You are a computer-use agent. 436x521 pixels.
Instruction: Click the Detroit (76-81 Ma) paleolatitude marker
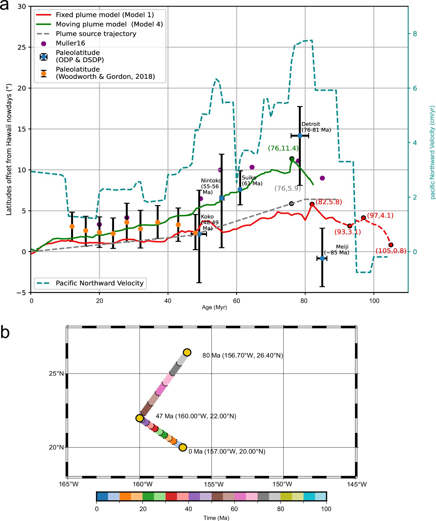click(x=300, y=136)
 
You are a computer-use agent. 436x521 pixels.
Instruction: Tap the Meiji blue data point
click(x=322, y=258)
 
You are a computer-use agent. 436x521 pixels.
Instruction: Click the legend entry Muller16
click(x=70, y=43)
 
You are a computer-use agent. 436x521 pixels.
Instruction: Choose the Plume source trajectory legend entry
click(x=96, y=34)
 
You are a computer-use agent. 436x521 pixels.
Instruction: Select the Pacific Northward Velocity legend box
click(x=90, y=283)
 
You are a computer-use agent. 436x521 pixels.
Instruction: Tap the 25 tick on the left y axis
click(x=22, y=47)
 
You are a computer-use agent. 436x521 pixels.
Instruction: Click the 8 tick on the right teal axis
click(x=415, y=34)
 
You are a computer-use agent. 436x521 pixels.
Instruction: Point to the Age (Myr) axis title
click(x=214, y=307)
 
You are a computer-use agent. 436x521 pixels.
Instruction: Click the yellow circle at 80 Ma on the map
click(x=187, y=352)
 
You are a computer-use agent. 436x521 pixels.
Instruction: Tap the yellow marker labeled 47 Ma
click(x=140, y=418)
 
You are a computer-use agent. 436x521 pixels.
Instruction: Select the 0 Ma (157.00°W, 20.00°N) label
click(x=227, y=452)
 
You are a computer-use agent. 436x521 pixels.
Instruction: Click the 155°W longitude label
click(x=214, y=485)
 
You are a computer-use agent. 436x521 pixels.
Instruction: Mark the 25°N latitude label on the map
click(x=56, y=374)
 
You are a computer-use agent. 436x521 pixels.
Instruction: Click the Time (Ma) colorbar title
click(x=216, y=518)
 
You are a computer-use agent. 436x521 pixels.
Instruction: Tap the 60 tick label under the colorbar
click(x=234, y=509)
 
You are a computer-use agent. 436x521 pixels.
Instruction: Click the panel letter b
click(x=5, y=332)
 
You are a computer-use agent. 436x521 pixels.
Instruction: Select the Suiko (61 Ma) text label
click(x=252, y=180)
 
